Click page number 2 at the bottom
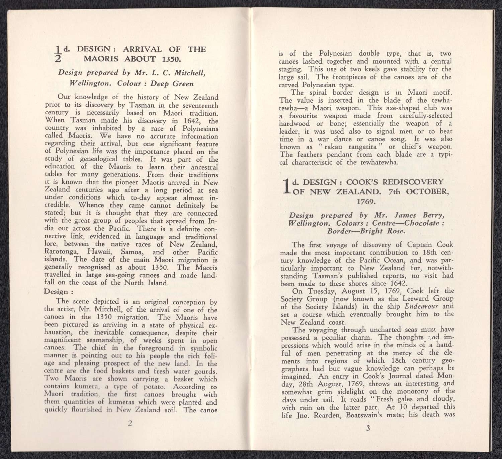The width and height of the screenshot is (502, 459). coord(130,423)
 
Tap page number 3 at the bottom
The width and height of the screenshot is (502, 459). coord(368,428)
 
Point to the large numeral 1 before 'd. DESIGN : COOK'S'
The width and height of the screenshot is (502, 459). coord(285,186)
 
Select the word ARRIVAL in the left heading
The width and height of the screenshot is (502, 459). coord(142,49)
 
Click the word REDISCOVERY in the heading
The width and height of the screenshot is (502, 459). coord(413,182)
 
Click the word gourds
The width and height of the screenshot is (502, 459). coord(205,371)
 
